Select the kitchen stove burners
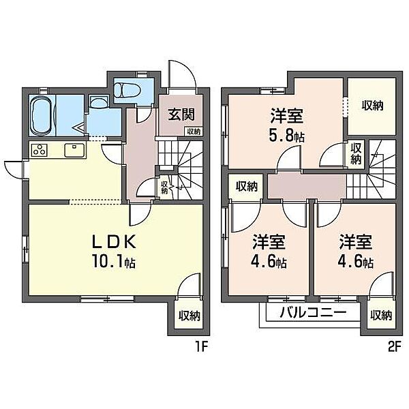[x=38, y=150]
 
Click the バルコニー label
[x=310, y=314]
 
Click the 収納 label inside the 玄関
[x=193, y=132]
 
